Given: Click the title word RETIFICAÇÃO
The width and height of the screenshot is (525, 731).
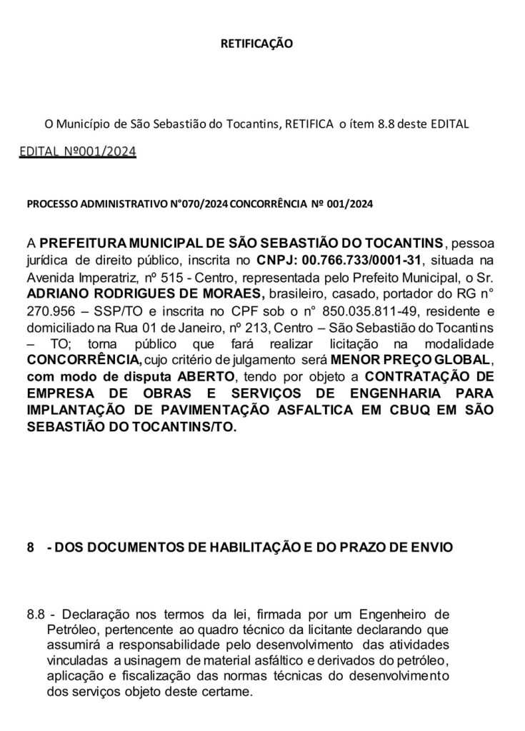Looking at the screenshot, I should pyautogui.click(x=256, y=43).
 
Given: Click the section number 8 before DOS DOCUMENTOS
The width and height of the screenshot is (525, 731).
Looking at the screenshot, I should pyautogui.click(x=30, y=548).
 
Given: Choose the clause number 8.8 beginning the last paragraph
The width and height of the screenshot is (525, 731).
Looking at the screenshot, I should pyautogui.click(x=35, y=614).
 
